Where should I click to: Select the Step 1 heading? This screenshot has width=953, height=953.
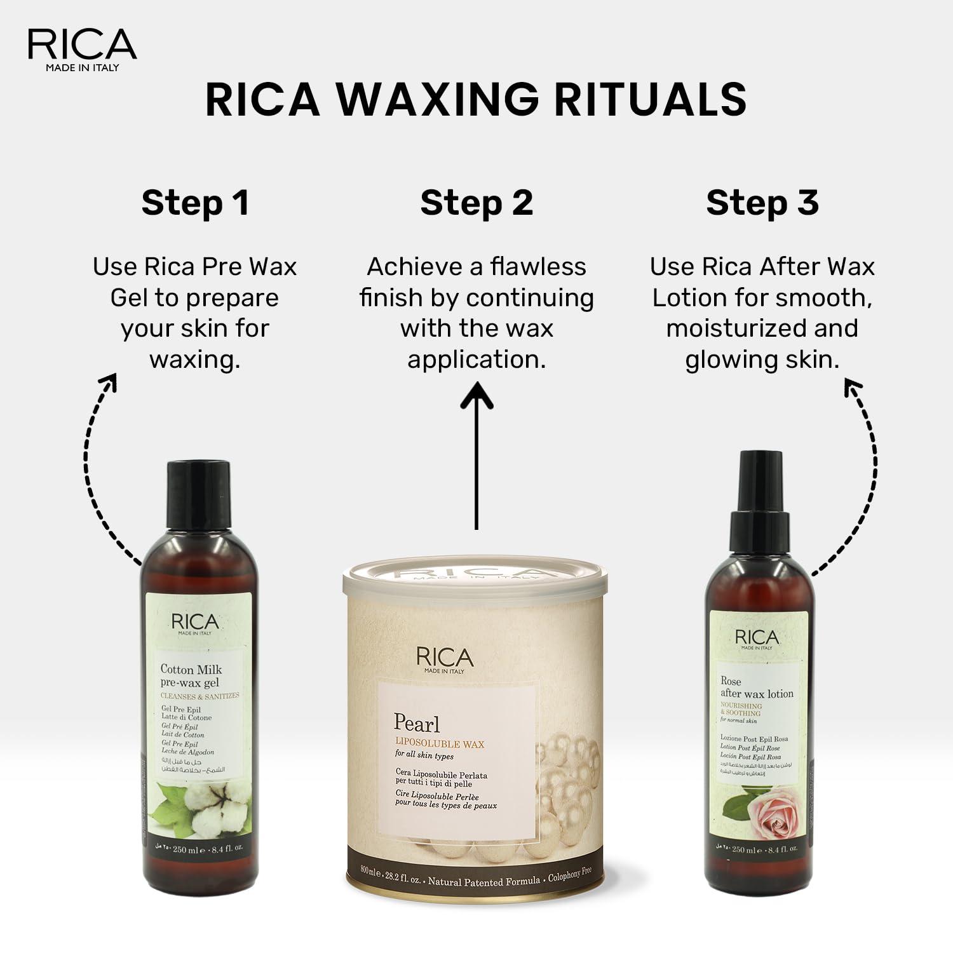(195, 203)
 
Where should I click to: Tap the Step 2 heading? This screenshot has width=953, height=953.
(476, 203)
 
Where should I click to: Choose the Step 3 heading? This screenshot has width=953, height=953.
(762, 203)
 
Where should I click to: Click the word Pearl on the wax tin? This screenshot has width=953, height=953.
(416, 724)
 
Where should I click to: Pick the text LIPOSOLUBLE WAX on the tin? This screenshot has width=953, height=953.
(440, 744)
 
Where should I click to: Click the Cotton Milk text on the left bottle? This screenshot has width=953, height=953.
(191, 669)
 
